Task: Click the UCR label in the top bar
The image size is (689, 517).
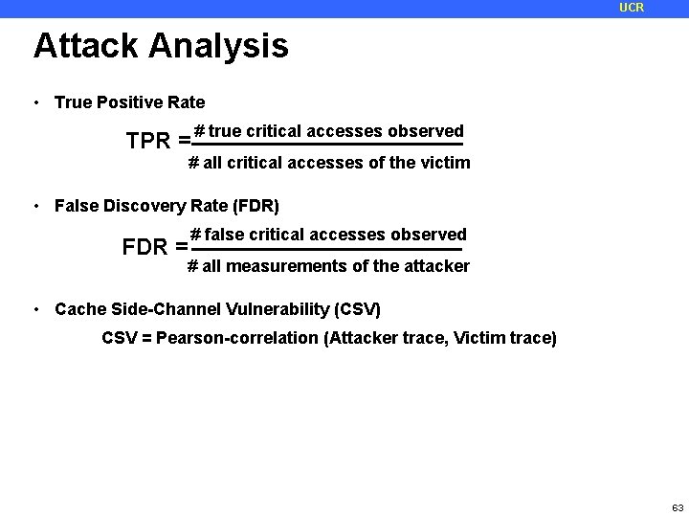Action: tap(632, 8)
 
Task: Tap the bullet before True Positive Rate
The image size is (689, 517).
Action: tap(34, 102)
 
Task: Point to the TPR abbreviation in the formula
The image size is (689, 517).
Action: tap(147, 142)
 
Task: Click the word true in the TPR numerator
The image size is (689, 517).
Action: tap(226, 131)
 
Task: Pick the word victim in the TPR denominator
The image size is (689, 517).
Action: tap(445, 163)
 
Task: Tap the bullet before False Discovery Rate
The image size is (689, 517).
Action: tap(34, 205)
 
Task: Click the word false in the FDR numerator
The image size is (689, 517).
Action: tap(225, 235)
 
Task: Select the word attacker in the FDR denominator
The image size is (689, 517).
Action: tap(437, 266)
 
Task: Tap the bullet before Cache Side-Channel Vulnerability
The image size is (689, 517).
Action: tap(34, 309)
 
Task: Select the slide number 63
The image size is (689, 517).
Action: tap(678, 506)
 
